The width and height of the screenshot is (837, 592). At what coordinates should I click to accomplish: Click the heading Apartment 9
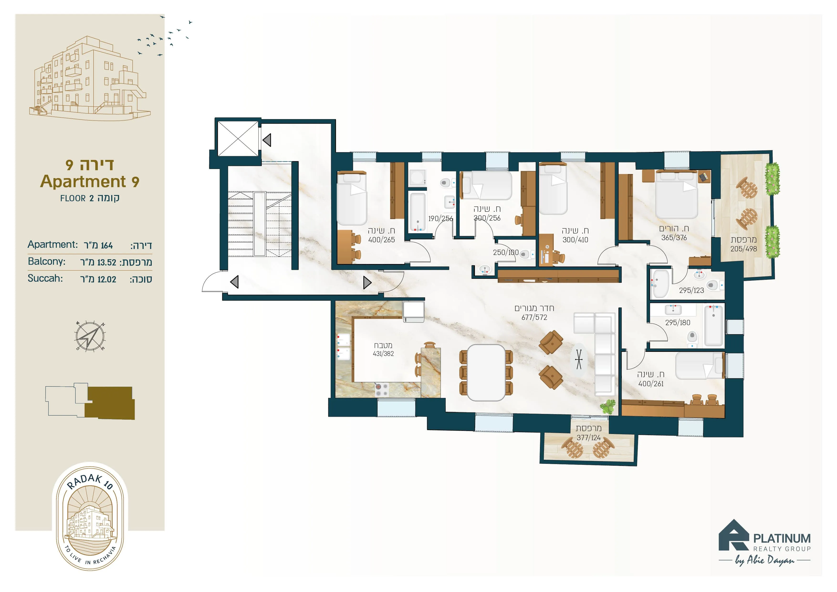pyautogui.click(x=90, y=181)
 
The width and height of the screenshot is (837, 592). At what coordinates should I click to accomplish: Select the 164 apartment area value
pyautogui.click(x=107, y=245)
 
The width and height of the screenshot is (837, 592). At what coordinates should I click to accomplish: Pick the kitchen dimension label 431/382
pyautogui.click(x=383, y=354)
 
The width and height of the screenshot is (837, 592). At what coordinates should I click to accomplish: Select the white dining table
pyautogui.click(x=486, y=372)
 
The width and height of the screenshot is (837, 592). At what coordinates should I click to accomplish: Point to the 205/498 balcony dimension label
pyautogui.click(x=744, y=249)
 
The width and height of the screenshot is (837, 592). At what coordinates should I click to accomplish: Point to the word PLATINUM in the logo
pyautogui.click(x=782, y=538)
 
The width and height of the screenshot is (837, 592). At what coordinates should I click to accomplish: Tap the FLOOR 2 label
pyautogui.click(x=77, y=198)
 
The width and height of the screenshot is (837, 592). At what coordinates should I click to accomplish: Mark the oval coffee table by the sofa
pyautogui.click(x=579, y=359)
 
